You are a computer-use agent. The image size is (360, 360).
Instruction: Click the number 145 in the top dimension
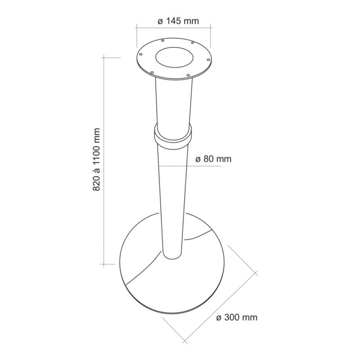point(173,21)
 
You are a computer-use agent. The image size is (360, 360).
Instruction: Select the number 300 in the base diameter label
point(232,318)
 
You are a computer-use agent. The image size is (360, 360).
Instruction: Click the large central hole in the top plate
point(174,58)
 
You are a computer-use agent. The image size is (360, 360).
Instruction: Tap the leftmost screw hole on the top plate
point(141,54)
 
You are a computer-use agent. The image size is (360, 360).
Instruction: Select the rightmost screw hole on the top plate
point(208,60)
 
